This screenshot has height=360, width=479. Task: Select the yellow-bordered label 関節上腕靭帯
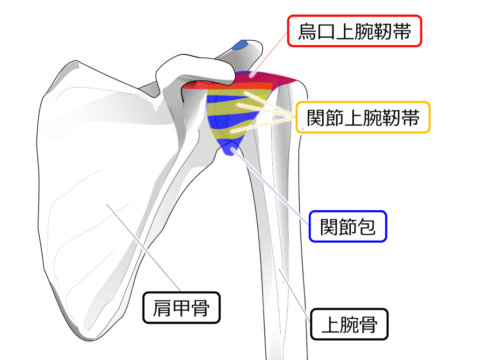point(363,118)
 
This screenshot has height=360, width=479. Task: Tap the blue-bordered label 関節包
point(347,227)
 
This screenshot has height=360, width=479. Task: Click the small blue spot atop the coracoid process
point(241,45)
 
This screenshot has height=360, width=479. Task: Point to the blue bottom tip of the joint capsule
point(229,149)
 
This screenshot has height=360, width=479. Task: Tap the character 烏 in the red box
point(308,32)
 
